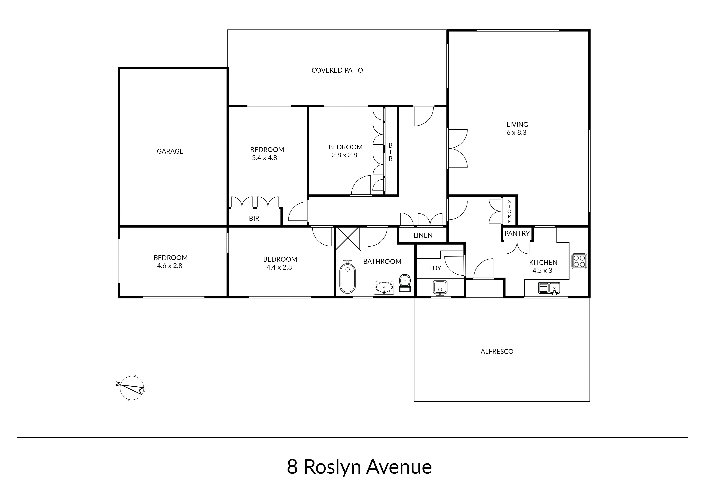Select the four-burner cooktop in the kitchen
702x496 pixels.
tap(579, 261)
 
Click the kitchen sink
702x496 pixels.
tap(549, 288)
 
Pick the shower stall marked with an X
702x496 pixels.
tap(348, 239)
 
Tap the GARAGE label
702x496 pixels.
tap(170, 151)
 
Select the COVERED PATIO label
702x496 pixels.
tap(337, 70)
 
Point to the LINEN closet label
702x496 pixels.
tap(423, 235)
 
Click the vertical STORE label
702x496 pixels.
tap(509, 211)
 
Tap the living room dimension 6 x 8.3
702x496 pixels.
tap(517, 133)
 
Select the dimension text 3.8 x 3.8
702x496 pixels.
tap(345, 155)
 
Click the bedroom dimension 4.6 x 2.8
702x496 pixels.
tap(170, 266)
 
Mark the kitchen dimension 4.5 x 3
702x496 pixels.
tap(542, 270)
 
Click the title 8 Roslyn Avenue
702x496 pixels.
tap(359, 467)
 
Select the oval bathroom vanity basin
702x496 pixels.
tap(384, 288)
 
